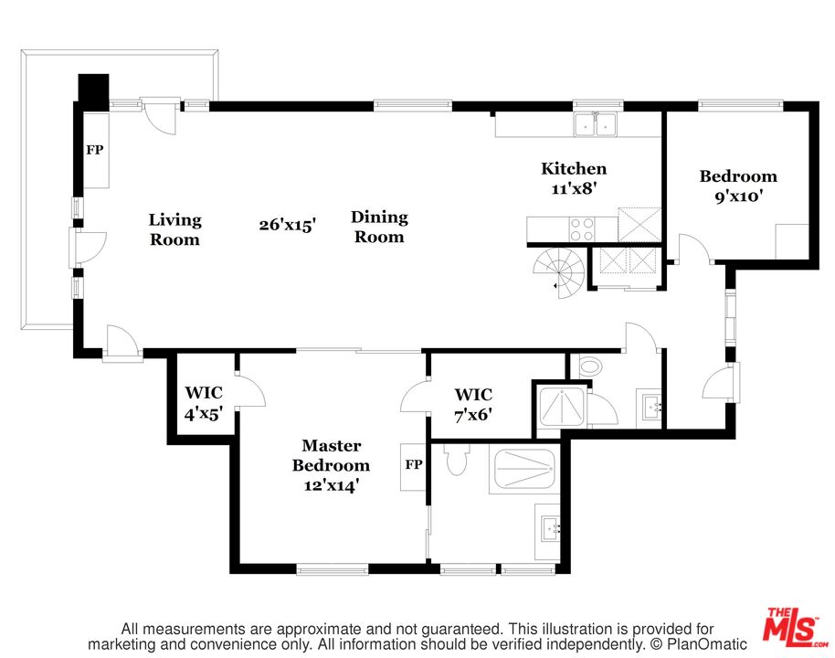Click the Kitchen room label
click(x=574, y=178)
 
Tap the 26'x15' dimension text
click(x=288, y=224)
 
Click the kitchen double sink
click(x=596, y=124)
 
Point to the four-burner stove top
click(x=582, y=229)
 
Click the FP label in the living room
click(x=95, y=150)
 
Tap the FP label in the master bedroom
click(x=414, y=464)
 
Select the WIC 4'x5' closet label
click(x=204, y=403)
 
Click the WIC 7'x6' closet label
click(x=473, y=404)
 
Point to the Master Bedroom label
click(x=331, y=465)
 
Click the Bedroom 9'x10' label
click(x=738, y=186)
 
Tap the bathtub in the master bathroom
click(x=525, y=469)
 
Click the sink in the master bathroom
click(x=550, y=528)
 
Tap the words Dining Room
click(x=379, y=227)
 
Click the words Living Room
click(x=174, y=229)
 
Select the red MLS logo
click(x=791, y=624)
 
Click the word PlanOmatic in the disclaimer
click(x=707, y=644)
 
